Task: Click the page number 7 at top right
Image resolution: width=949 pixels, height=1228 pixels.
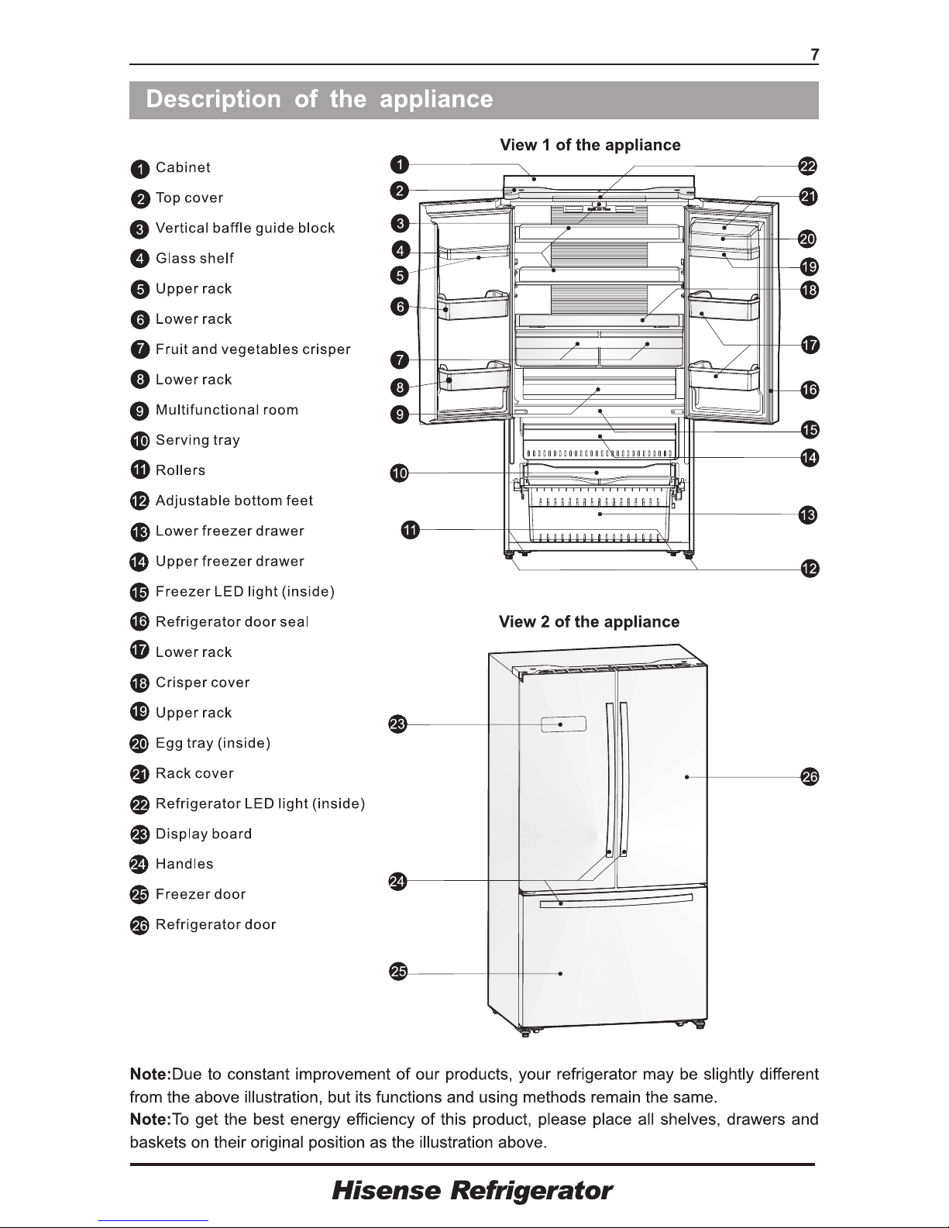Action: [814, 54]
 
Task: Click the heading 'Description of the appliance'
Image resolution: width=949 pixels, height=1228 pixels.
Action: [319, 100]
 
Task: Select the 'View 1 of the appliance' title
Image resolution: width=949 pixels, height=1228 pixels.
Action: [590, 145]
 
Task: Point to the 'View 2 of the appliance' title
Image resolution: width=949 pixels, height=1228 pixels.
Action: [589, 622]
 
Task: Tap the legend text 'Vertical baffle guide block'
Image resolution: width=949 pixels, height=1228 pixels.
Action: [245, 228]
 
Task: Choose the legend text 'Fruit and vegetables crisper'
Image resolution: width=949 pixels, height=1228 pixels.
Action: [253, 349]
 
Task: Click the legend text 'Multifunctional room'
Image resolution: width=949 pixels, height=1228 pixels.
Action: [226, 410]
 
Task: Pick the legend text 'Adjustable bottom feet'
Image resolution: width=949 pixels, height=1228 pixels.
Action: [234, 500]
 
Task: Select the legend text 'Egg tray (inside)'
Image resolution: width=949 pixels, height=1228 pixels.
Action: [212, 743]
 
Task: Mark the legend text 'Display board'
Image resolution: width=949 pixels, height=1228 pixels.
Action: [203, 834]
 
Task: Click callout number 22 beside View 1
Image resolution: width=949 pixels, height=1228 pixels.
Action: [808, 167]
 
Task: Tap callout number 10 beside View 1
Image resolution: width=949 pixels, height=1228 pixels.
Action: [399, 473]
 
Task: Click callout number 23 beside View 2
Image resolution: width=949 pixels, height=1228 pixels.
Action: [397, 725]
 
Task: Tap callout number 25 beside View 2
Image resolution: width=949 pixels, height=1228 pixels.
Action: [397, 973]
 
